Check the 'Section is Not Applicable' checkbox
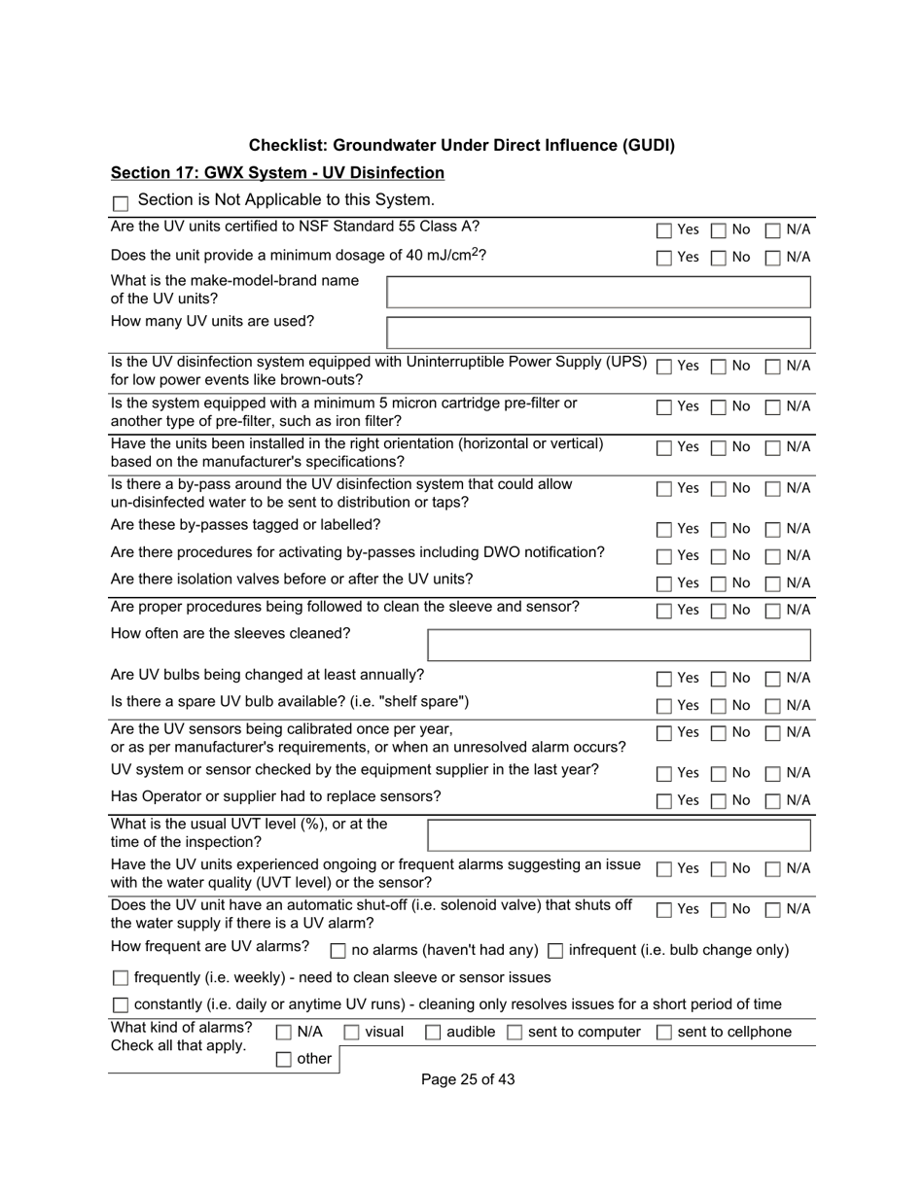point(121,203)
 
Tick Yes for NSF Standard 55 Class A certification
point(663,230)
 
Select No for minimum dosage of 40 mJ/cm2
point(718,258)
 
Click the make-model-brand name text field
point(598,292)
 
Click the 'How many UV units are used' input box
point(598,333)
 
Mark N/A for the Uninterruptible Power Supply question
point(773,367)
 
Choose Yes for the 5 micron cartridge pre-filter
point(663,407)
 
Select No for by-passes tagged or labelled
point(718,530)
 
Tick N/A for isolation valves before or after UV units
point(773,584)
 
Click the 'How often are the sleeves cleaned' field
point(619,646)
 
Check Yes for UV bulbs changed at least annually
point(663,679)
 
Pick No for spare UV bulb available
point(718,706)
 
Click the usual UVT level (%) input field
point(619,835)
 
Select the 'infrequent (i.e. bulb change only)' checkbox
point(555,950)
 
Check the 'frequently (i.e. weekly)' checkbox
point(121,977)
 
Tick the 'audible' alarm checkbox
point(434,1033)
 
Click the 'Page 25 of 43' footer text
point(468,1079)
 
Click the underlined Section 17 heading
point(277,173)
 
